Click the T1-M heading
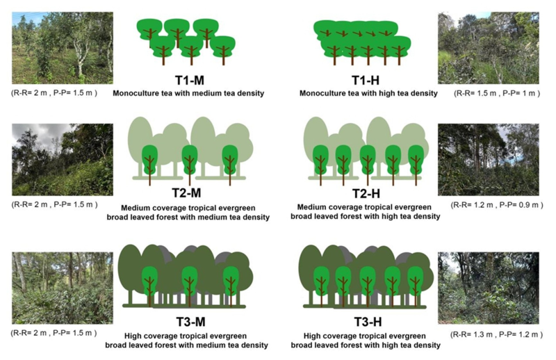click(x=190, y=80)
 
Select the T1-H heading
click(x=366, y=80)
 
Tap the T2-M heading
click(x=186, y=193)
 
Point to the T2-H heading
click(x=366, y=194)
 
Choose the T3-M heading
click(x=190, y=322)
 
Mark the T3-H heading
click(x=368, y=322)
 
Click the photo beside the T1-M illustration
click(x=63, y=48)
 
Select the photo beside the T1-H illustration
click(x=489, y=48)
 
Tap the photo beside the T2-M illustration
click(x=63, y=160)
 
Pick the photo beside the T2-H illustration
click(x=489, y=160)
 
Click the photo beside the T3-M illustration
click(x=63, y=288)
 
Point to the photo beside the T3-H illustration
click(x=489, y=288)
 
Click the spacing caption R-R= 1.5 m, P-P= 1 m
click(x=497, y=93)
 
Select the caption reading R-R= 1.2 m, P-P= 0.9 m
click(x=497, y=205)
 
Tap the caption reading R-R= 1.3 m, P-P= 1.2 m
click(x=496, y=334)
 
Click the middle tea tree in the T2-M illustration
click(x=190, y=164)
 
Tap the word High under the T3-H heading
click(x=312, y=336)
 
